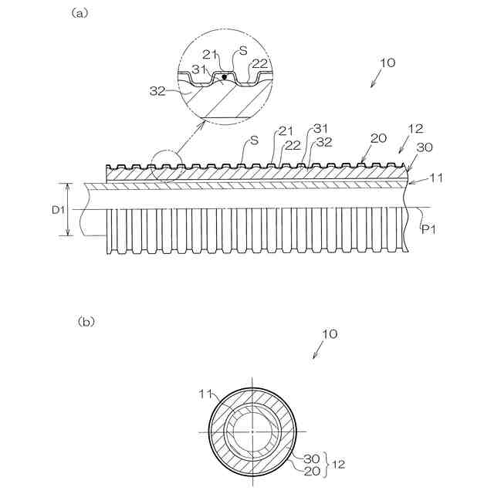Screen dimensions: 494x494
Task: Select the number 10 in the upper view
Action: pyautogui.click(x=387, y=62)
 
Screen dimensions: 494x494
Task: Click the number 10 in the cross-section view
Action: pyautogui.click(x=330, y=334)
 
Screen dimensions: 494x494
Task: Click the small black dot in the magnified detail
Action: pyautogui.click(x=225, y=77)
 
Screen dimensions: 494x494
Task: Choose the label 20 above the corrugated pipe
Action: pyautogui.click(x=378, y=139)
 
